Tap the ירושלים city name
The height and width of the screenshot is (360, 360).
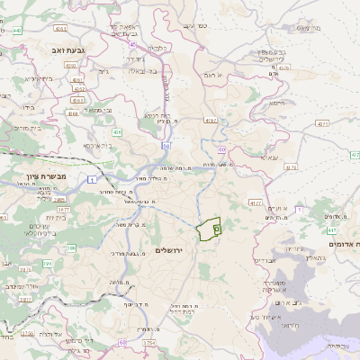[x=168, y=249]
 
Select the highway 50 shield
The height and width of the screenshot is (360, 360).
[x=166, y=145]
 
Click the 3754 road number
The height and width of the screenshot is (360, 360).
[x=148, y=343]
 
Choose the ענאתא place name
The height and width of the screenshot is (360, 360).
[x=268, y=157]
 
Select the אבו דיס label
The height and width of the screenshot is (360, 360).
[x=264, y=260]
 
